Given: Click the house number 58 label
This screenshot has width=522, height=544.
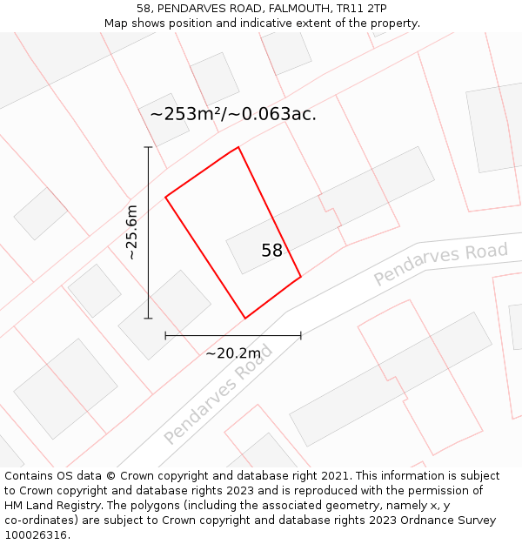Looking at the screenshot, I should coord(271,251).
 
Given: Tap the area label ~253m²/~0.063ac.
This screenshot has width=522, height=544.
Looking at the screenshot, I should coord(232,114).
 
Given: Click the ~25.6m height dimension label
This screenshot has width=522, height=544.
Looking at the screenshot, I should coord(131,232).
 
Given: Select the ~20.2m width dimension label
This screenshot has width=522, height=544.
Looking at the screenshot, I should coord(233,353).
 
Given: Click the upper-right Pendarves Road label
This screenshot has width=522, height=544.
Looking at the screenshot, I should coord(440,265).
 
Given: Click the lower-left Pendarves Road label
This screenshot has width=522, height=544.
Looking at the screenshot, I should coord(218,393).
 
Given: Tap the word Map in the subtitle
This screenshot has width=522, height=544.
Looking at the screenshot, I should coord(116,23).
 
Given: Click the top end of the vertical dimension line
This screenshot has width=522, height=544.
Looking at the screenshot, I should coord(148,147).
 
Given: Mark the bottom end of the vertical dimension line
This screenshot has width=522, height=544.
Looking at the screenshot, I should coord(148,319).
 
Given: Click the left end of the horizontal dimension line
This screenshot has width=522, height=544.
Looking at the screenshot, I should coord(165,335).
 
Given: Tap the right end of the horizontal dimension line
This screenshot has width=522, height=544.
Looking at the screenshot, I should coord(301,335).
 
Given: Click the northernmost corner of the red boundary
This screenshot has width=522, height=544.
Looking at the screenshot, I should coord(238,147).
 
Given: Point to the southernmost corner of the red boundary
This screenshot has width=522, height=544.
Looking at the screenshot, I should coord(245,319).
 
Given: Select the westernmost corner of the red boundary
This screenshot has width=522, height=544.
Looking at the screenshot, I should coord(165,197).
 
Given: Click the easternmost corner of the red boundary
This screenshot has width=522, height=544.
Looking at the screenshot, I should coord(301,277).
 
